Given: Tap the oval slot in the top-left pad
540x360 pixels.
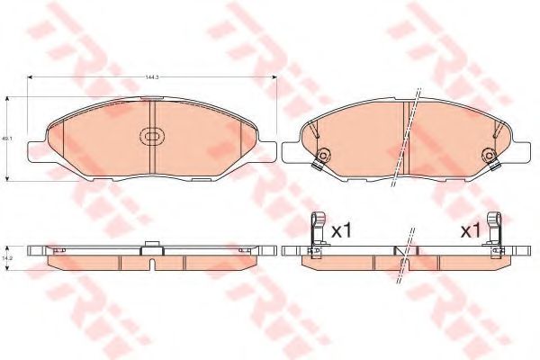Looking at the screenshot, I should pyautogui.click(x=151, y=138).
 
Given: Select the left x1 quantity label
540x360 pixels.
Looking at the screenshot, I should pyautogui.click(x=341, y=231).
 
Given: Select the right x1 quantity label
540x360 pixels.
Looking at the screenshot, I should pyautogui.click(x=470, y=231).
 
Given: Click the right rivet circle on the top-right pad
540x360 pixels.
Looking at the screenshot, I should pyautogui.click(x=490, y=152).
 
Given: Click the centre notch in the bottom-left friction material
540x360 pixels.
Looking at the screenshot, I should pyautogui.click(x=151, y=264).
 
